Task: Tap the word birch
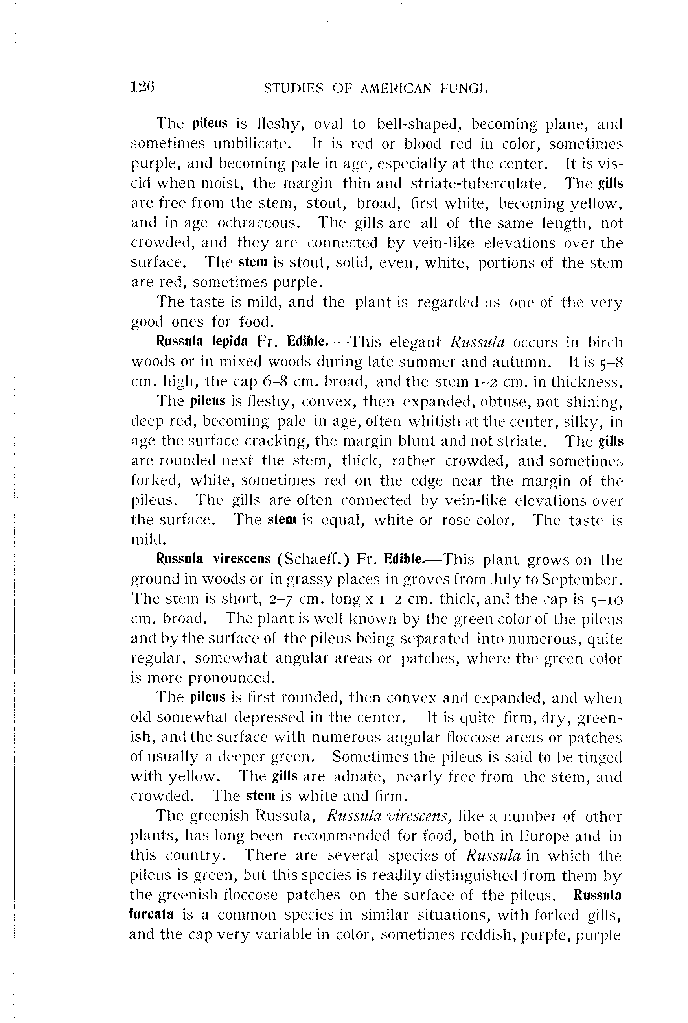click(x=605, y=342)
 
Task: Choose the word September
click(x=582, y=580)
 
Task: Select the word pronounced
click(x=231, y=678)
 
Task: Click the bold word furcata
click(x=151, y=914)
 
